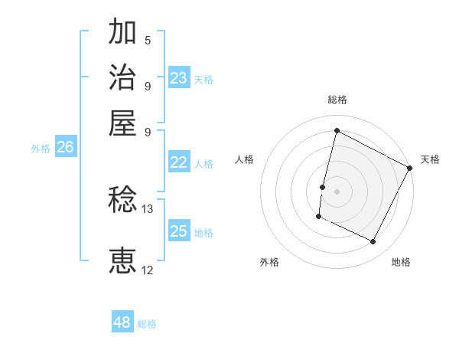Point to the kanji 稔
(x=122, y=201)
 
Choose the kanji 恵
(x=122, y=261)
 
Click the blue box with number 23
(x=179, y=78)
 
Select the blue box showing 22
(x=178, y=162)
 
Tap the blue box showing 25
(x=178, y=231)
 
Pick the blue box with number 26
(x=65, y=147)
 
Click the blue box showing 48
(x=122, y=322)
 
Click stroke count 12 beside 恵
(x=148, y=270)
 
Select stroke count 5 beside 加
(x=148, y=40)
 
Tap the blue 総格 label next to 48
(x=147, y=324)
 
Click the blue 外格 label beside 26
(x=41, y=149)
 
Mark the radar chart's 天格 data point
(x=410, y=168)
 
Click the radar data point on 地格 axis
(x=373, y=242)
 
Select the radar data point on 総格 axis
(x=337, y=130)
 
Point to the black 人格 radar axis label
(x=245, y=159)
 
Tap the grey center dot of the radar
(x=337, y=191)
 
